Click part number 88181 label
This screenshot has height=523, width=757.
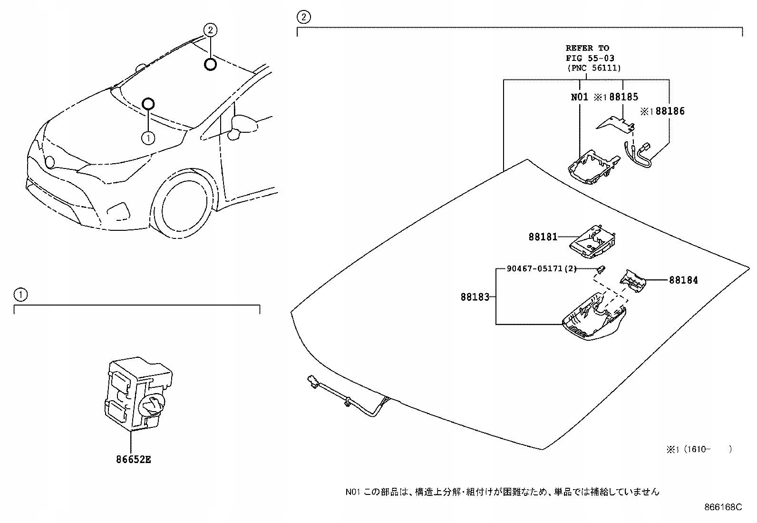(543, 237)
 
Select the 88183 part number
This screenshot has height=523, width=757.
(475, 297)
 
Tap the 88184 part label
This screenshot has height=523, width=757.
(683, 280)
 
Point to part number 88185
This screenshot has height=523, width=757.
(623, 97)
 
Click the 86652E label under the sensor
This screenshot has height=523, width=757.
(133, 460)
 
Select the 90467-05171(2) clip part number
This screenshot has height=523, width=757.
(542, 269)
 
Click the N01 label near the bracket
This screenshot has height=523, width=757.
(580, 97)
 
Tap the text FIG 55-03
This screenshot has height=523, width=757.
(590, 58)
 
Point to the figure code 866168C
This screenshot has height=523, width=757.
(723, 507)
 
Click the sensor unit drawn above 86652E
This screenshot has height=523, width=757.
(137, 394)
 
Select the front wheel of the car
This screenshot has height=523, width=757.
(184, 205)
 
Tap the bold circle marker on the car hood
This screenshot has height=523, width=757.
(148, 103)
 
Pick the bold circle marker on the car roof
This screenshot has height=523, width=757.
(210, 64)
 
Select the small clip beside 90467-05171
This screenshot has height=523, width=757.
(601, 269)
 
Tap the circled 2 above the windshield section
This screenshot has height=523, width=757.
(303, 18)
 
